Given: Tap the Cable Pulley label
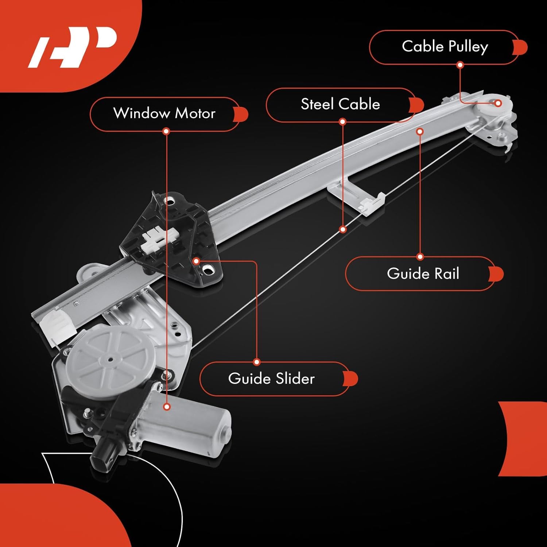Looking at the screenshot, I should pyautogui.click(x=445, y=47).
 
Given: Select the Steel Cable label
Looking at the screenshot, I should pyautogui.click(x=340, y=105).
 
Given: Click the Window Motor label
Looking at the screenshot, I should pyautogui.click(x=164, y=114).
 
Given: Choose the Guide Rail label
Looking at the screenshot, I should pyautogui.click(x=423, y=273).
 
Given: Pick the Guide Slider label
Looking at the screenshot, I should pyautogui.click(x=271, y=379).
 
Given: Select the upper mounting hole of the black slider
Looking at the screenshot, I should pyautogui.click(x=169, y=201).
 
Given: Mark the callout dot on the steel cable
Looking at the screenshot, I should pyautogui.click(x=343, y=229).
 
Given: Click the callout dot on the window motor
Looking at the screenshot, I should pyautogui.click(x=167, y=407).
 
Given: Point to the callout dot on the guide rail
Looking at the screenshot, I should pyautogui.click(x=420, y=131).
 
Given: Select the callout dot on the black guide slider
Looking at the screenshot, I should pyautogui.click(x=196, y=261).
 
